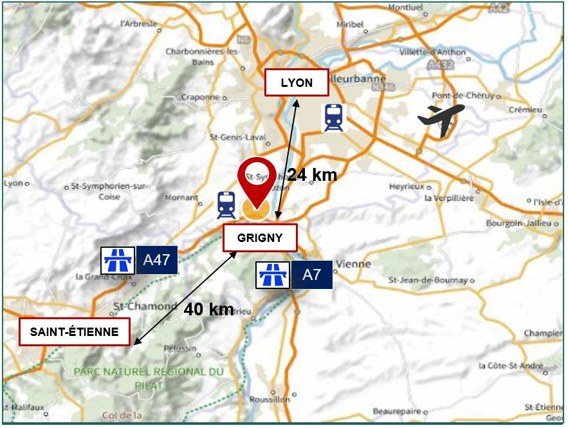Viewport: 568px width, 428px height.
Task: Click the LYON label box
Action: point(297,82)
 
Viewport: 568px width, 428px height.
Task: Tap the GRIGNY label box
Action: point(260,237)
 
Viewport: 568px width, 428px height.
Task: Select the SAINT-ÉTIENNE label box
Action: point(74,332)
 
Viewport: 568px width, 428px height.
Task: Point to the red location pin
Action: point(256,180)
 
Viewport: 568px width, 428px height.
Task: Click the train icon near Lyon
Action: point(333,118)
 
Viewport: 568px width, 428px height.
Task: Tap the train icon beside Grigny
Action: point(226,205)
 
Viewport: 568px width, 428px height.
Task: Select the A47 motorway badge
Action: point(156,260)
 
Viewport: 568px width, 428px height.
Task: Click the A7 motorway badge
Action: point(311,275)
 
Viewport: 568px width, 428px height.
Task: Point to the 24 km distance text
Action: point(312,174)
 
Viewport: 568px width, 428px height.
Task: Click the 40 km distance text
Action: point(208,309)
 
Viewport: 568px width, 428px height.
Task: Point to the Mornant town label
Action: point(181,198)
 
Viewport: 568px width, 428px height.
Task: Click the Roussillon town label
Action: point(268,399)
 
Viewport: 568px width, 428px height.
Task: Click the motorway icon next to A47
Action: point(118,261)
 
